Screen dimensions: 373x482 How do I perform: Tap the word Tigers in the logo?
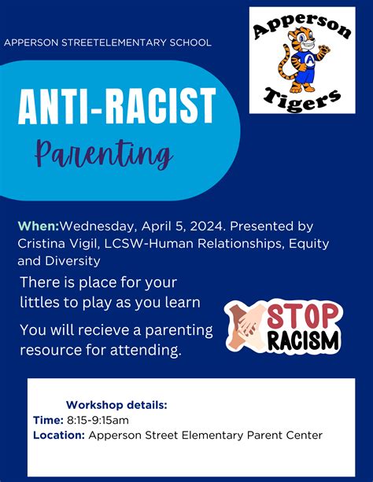tap(302, 99)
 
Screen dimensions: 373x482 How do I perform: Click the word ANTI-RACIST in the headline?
tap(117, 106)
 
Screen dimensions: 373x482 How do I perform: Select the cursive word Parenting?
tap(103, 154)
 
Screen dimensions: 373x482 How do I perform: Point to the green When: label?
tap(39, 226)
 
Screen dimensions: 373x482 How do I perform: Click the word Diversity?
tap(72, 261)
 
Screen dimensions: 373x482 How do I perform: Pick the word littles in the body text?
tap(39, 303)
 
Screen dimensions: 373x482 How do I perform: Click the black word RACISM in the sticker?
tap(303, 340)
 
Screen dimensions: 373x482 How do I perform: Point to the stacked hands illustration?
tap(246, 326)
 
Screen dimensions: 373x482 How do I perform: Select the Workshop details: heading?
tap(116, 405)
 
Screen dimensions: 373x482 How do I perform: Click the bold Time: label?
tap(48, 420)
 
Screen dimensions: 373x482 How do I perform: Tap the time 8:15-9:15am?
tap(98, 420)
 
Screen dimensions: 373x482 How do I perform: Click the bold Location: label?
tap(59, 435)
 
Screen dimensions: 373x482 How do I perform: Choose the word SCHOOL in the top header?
tap(190, 42)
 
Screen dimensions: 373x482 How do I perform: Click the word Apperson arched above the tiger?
tap(302, 27)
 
